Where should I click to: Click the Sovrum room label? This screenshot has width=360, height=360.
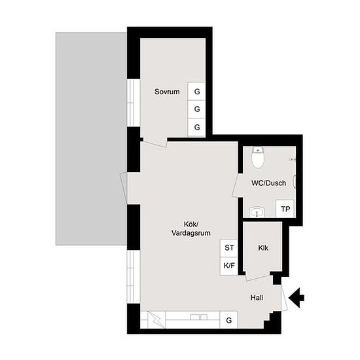(167, 92)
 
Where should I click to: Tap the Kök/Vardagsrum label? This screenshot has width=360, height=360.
(190, 228)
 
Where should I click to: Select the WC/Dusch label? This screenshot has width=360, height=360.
(268, 183)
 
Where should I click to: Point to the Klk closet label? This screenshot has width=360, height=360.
(263, 248)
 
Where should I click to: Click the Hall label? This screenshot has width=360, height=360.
(257, 298)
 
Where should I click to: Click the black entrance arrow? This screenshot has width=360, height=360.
(297, 298)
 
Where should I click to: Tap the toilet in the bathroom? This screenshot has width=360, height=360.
(258, 157)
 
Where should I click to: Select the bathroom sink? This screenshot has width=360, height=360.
(257, 212)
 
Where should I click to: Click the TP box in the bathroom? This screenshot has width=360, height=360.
(285, 209)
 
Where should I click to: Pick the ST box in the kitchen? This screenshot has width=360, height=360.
(229, 248)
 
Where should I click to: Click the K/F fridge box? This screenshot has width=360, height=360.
(229, 266)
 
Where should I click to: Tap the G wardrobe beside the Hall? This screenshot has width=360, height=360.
(228, 320)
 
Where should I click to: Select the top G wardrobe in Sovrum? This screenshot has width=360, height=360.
(196, 92)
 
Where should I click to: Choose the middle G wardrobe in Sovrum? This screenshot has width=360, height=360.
(196, 109)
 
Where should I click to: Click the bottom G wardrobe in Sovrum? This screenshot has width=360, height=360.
(196, 127)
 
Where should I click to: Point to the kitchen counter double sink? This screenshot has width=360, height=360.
(198, 317)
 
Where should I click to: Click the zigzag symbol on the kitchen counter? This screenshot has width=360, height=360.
(156, 319)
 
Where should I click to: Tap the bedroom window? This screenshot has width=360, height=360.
(134, 103)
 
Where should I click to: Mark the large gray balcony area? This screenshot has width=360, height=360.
(91, 139)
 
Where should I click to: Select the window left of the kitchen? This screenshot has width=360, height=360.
(134, 277)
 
